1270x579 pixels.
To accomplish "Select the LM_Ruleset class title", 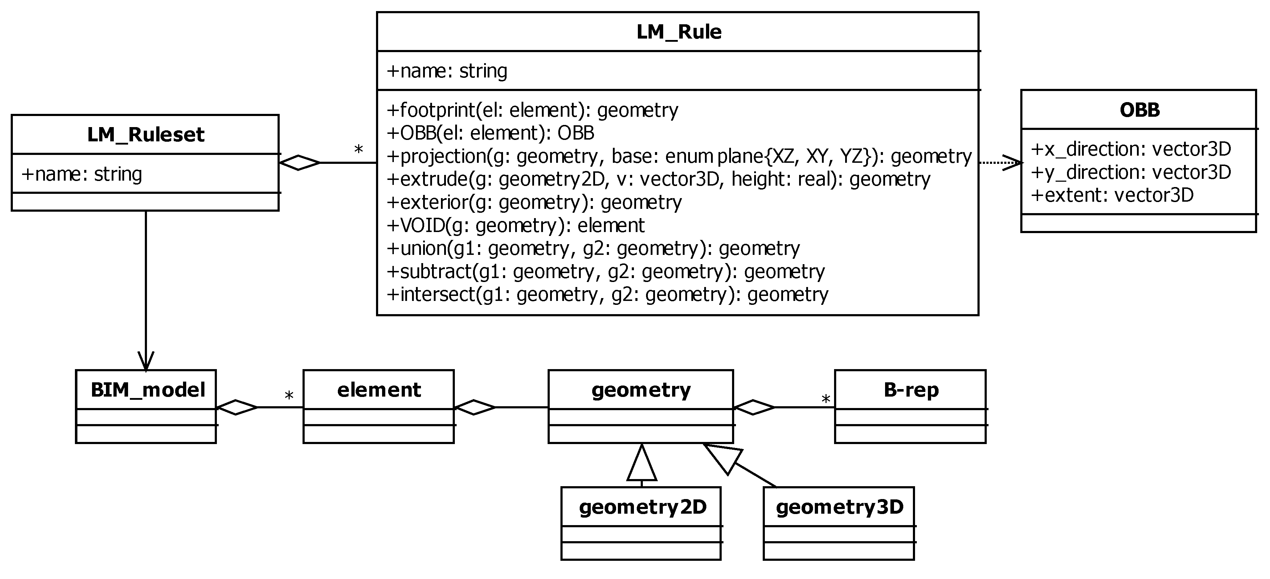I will pyautogui.click(x=146, y=135).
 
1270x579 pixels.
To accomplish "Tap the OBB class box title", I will pyautogui.click(x=1139, y=110).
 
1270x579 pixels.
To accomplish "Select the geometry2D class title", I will pyautogui.click(x=642, y=507).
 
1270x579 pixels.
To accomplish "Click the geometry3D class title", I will pyautogui.click(x=839, y=507).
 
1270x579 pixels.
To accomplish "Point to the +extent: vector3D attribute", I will pyautogui.click(x=1112, y=195).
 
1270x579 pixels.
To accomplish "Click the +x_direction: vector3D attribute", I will pyautogui.click(x=1131, y=149).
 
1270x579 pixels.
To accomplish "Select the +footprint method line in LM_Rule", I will pyautogui.click(x=532, y=110).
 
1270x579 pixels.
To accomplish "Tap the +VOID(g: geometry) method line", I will pyautogui.click(x=515, y=225).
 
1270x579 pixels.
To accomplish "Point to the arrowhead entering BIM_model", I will pyautogui.click(x=146, y=362).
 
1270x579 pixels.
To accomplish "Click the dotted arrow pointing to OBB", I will pyautogui.click(x=1001, y=162).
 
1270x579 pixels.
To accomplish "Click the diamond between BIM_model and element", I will pyautogui.click(x=237, y=407).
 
